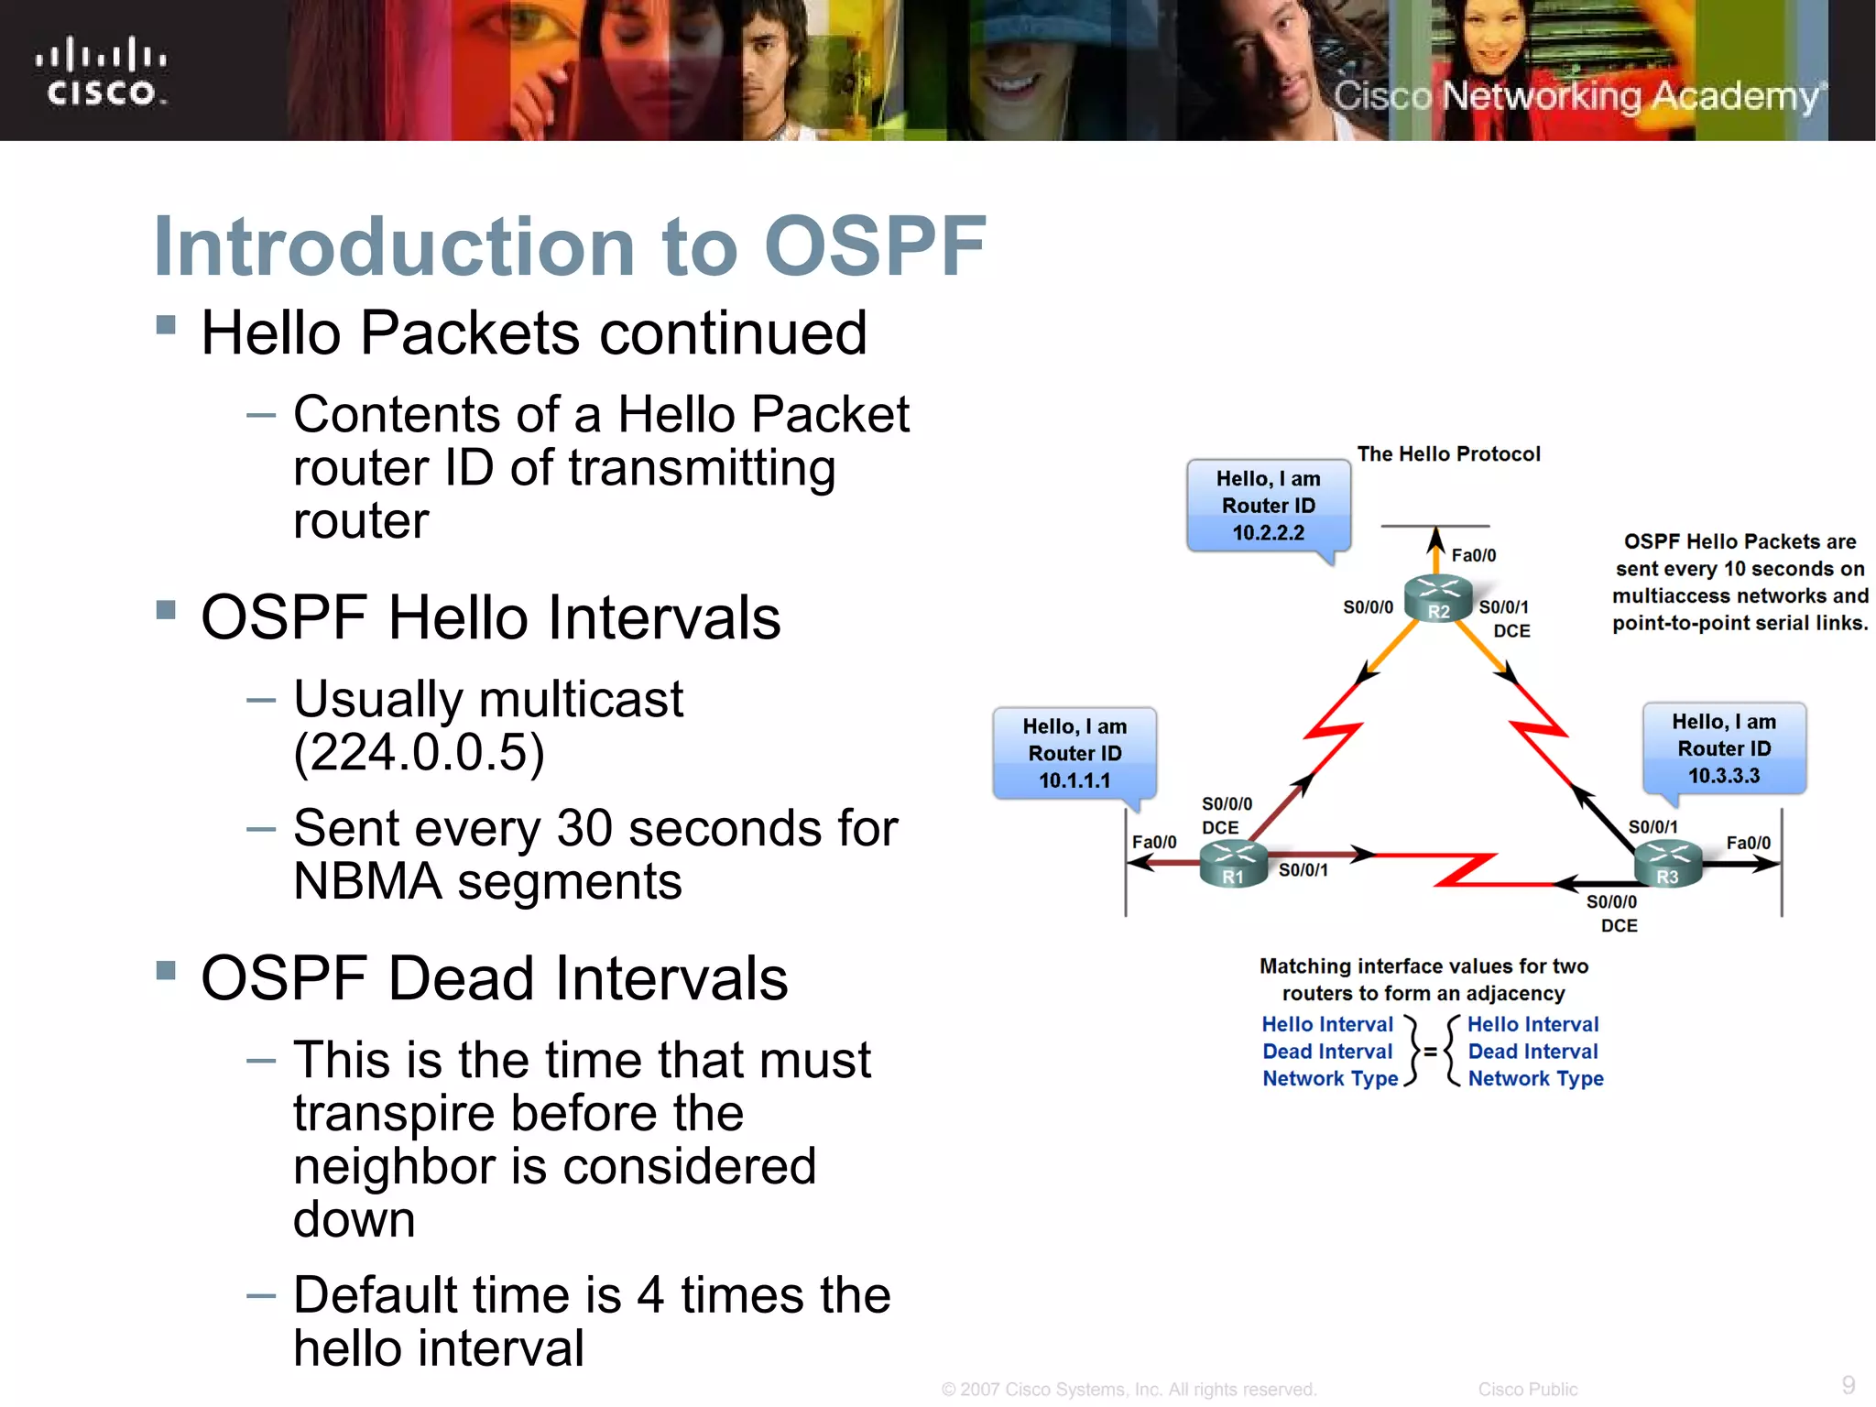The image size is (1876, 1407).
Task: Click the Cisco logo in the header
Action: pyautogui.click(x=101, y=71)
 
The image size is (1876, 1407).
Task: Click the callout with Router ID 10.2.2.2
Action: pyautogui.click(x=1269, y=506)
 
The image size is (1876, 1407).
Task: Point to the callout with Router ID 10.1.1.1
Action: pyautogui.click(x=1074, y=753)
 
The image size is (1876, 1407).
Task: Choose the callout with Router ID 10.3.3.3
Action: pyautogui.click(x=1724, y=748)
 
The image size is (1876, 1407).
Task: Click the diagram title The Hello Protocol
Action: pyautogui.click(x=1448, y=454)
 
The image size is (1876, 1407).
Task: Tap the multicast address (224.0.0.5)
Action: pyautogui.click(x=420, y=753)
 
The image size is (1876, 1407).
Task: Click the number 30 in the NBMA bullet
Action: pyautogui.click(x=584, y=828)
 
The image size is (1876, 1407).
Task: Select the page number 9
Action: pyautogui.click(x=1849, y=1384)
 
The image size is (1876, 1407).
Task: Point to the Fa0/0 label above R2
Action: pyautogui.click(x=1474, y=555)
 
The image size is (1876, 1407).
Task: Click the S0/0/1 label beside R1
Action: pyautogui.click(x=1303, y=870)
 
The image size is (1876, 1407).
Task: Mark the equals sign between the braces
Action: pyautogui.click(x=1430, y=1052)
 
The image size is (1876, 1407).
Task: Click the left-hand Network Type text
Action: pyautogui.click(x=1330, y=1079)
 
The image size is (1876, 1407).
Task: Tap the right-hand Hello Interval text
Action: pyautogui.click(x=1532, y=1024)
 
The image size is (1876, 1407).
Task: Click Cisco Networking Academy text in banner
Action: pyautogui.click(x=1576, y=96)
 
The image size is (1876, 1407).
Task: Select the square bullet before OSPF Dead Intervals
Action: pyautogui.click(x=166, y=970)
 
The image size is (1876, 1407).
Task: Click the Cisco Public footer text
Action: pyautogui.click(x=1527, y=1390)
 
